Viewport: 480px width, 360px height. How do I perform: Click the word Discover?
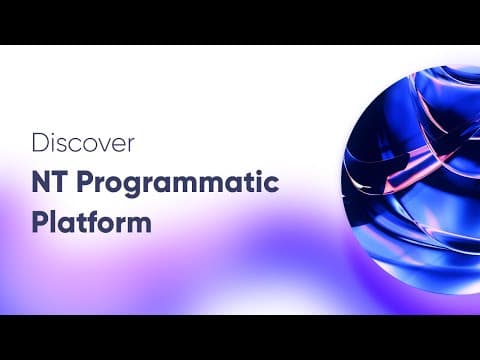[x=83, y=143]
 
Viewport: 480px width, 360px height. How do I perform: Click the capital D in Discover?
[x=40, y=143]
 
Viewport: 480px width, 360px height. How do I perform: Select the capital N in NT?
[x=40, y=182]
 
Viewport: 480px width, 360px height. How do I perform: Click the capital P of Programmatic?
[x=84, y=182]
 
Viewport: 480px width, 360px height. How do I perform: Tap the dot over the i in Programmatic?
[x=260, y=174]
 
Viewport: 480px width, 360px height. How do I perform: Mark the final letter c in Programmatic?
[x=272, y=185]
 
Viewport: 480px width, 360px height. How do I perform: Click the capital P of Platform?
[x=39, y=222]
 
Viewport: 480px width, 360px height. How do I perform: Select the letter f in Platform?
[x=88, y=221]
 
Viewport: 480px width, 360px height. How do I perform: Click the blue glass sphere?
[x=413, y=180]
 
